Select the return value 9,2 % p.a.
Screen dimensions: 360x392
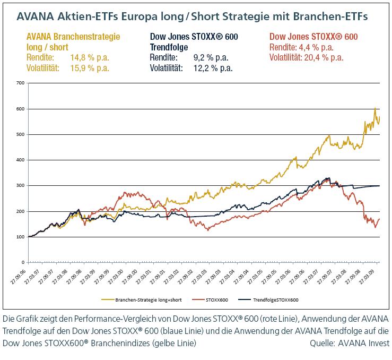(x=211, y=57)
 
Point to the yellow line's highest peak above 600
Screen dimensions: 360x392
(x=375, y=108)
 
